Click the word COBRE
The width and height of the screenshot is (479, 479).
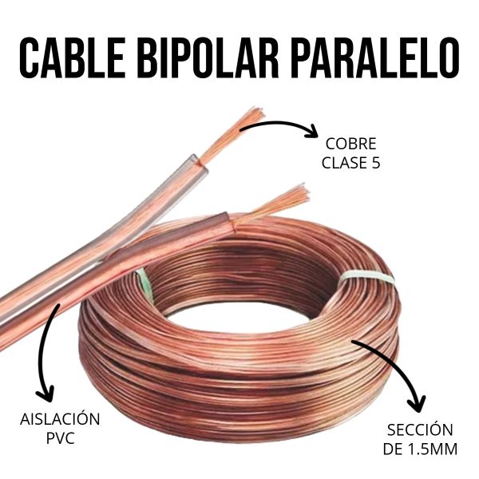point(351,145)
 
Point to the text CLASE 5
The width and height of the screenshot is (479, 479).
point(351,164)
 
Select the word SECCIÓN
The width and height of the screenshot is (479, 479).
point(420,430)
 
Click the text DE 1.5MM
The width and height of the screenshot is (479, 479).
point(420,449)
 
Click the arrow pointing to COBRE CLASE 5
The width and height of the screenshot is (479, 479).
point(279,125)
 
